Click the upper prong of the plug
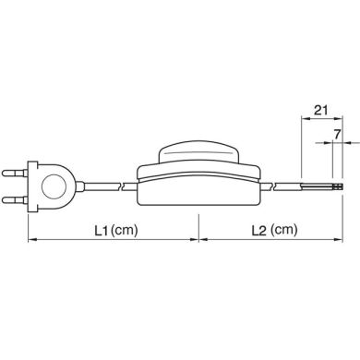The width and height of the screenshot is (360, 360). (x=15, y=174)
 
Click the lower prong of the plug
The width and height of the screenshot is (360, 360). (x=15, y=200)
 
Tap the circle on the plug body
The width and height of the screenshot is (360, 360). (x=54, y=187)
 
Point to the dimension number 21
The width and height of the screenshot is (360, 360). (x=320, y=110)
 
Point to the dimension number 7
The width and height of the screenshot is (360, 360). (x=337, y=134)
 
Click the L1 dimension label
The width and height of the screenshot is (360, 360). (x=102, y=230)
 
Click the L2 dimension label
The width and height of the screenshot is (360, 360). (x=258, y=231)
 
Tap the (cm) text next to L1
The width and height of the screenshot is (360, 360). (x=125, y=230)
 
